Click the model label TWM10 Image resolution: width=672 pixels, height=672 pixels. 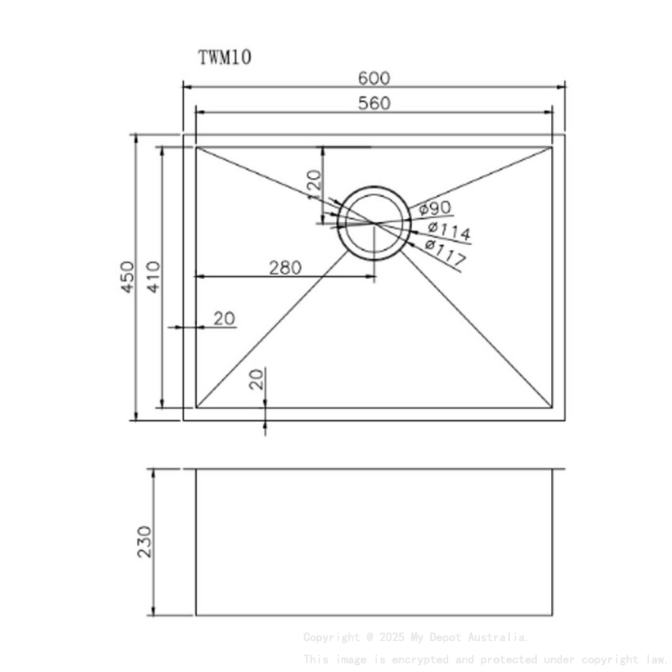pos(225,57)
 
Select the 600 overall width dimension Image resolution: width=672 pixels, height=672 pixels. pos(374,78)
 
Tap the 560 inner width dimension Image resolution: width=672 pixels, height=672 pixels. pos(374,103)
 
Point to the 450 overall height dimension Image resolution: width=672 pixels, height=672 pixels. pos(126,277)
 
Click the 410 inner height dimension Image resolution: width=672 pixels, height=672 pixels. pos(153,277)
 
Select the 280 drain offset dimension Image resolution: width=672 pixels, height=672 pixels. pos(285,268)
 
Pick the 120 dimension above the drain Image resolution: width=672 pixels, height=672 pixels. pos(315,184)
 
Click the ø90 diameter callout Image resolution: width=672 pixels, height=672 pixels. pos(435,208)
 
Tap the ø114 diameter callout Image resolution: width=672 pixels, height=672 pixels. pos(448,231)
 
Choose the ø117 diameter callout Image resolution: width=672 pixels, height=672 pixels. pos(444,251)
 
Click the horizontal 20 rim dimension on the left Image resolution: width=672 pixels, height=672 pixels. pos(225,319)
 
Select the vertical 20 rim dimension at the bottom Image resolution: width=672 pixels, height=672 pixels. pos(256,379)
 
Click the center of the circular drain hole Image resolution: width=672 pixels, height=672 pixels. pos(374,223)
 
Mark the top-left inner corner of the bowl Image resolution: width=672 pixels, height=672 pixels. pos(196,147)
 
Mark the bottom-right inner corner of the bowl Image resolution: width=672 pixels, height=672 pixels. pos(552,408)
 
